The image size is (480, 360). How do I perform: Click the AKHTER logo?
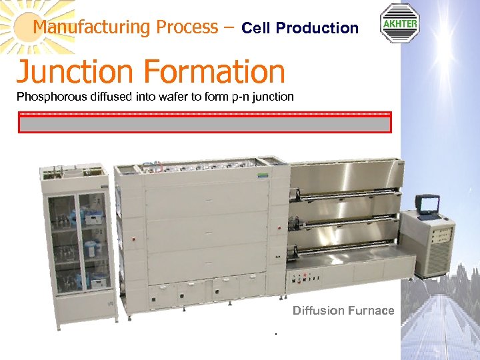coord(399,24)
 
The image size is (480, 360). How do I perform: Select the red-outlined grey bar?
coord(205,123)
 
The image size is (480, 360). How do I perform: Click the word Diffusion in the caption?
coord(319,311)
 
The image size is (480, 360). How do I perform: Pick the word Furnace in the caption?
coord(371,311)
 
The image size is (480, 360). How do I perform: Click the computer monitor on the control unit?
coord(427,204)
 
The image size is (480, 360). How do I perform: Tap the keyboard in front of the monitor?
coord(431,217)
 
